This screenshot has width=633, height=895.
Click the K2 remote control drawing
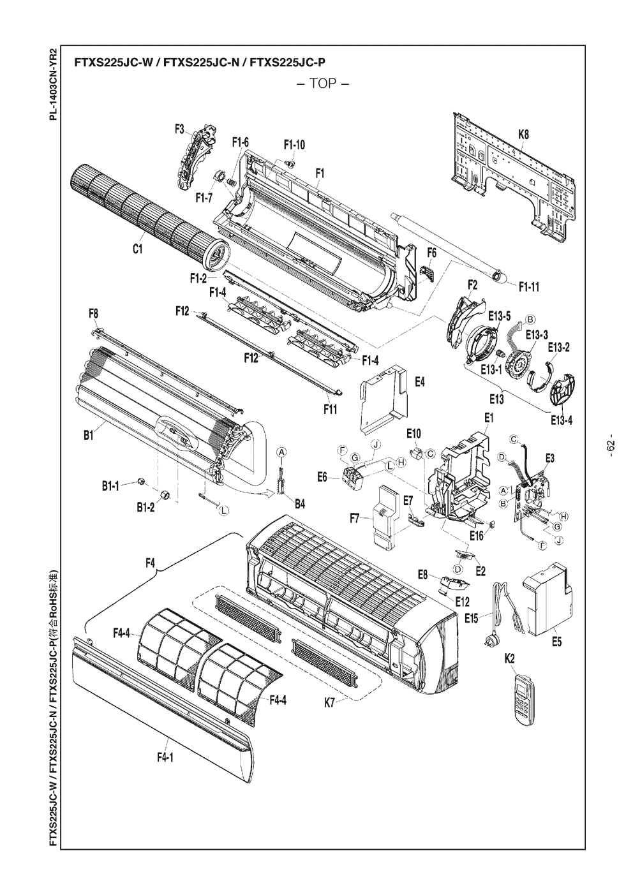[525, 700]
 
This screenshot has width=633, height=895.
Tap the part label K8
[523, 135]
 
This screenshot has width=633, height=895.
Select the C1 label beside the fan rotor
[137, 249]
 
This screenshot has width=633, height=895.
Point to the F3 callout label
[180, 129]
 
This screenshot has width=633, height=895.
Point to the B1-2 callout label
[145, 508]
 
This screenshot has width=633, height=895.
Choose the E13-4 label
[562, 420]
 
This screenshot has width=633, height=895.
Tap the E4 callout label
[420, 382]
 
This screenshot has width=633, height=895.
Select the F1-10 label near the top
[294, 145]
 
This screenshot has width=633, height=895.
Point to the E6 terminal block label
[322, 477]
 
